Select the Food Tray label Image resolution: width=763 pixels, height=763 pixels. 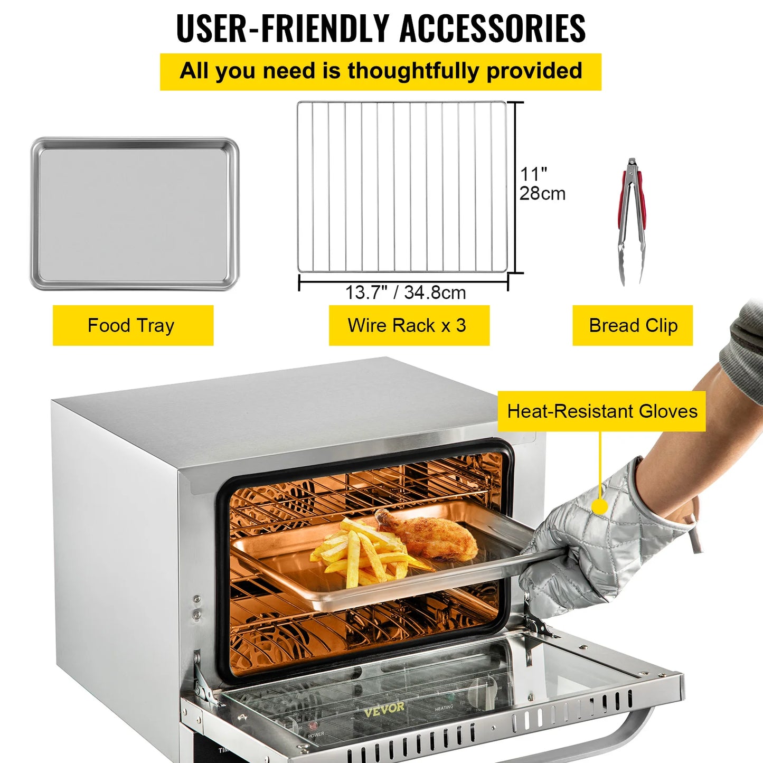click(x=131, y=325)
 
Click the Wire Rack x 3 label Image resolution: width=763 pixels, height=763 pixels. click(x=407, y=325)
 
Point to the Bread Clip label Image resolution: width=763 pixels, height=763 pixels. click(x=633, y=325)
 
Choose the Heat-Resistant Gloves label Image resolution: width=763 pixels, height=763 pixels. click(x=602, y=411)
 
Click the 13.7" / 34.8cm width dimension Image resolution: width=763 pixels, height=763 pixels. click(x=406, y=293)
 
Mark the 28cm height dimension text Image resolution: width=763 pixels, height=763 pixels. click(x=542, y=194)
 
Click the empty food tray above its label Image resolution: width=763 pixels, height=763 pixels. click(x=135, y=214)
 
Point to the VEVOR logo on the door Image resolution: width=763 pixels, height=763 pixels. click(x=384, y=709)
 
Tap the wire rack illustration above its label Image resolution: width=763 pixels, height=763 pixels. click(x=402, y=187)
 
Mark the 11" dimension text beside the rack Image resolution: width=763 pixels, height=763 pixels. click(x=533, y=174)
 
